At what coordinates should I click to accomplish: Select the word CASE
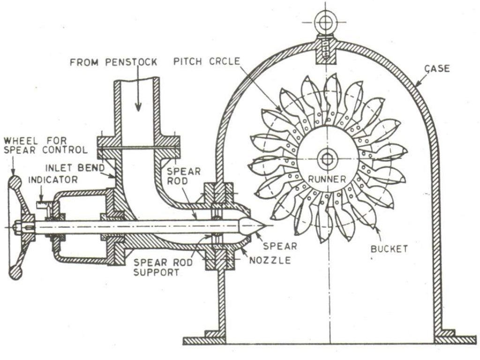click(x=437, y=68)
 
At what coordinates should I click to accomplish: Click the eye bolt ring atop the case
click(x=324, y=22)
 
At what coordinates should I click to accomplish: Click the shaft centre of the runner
click(x=324, y=159)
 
